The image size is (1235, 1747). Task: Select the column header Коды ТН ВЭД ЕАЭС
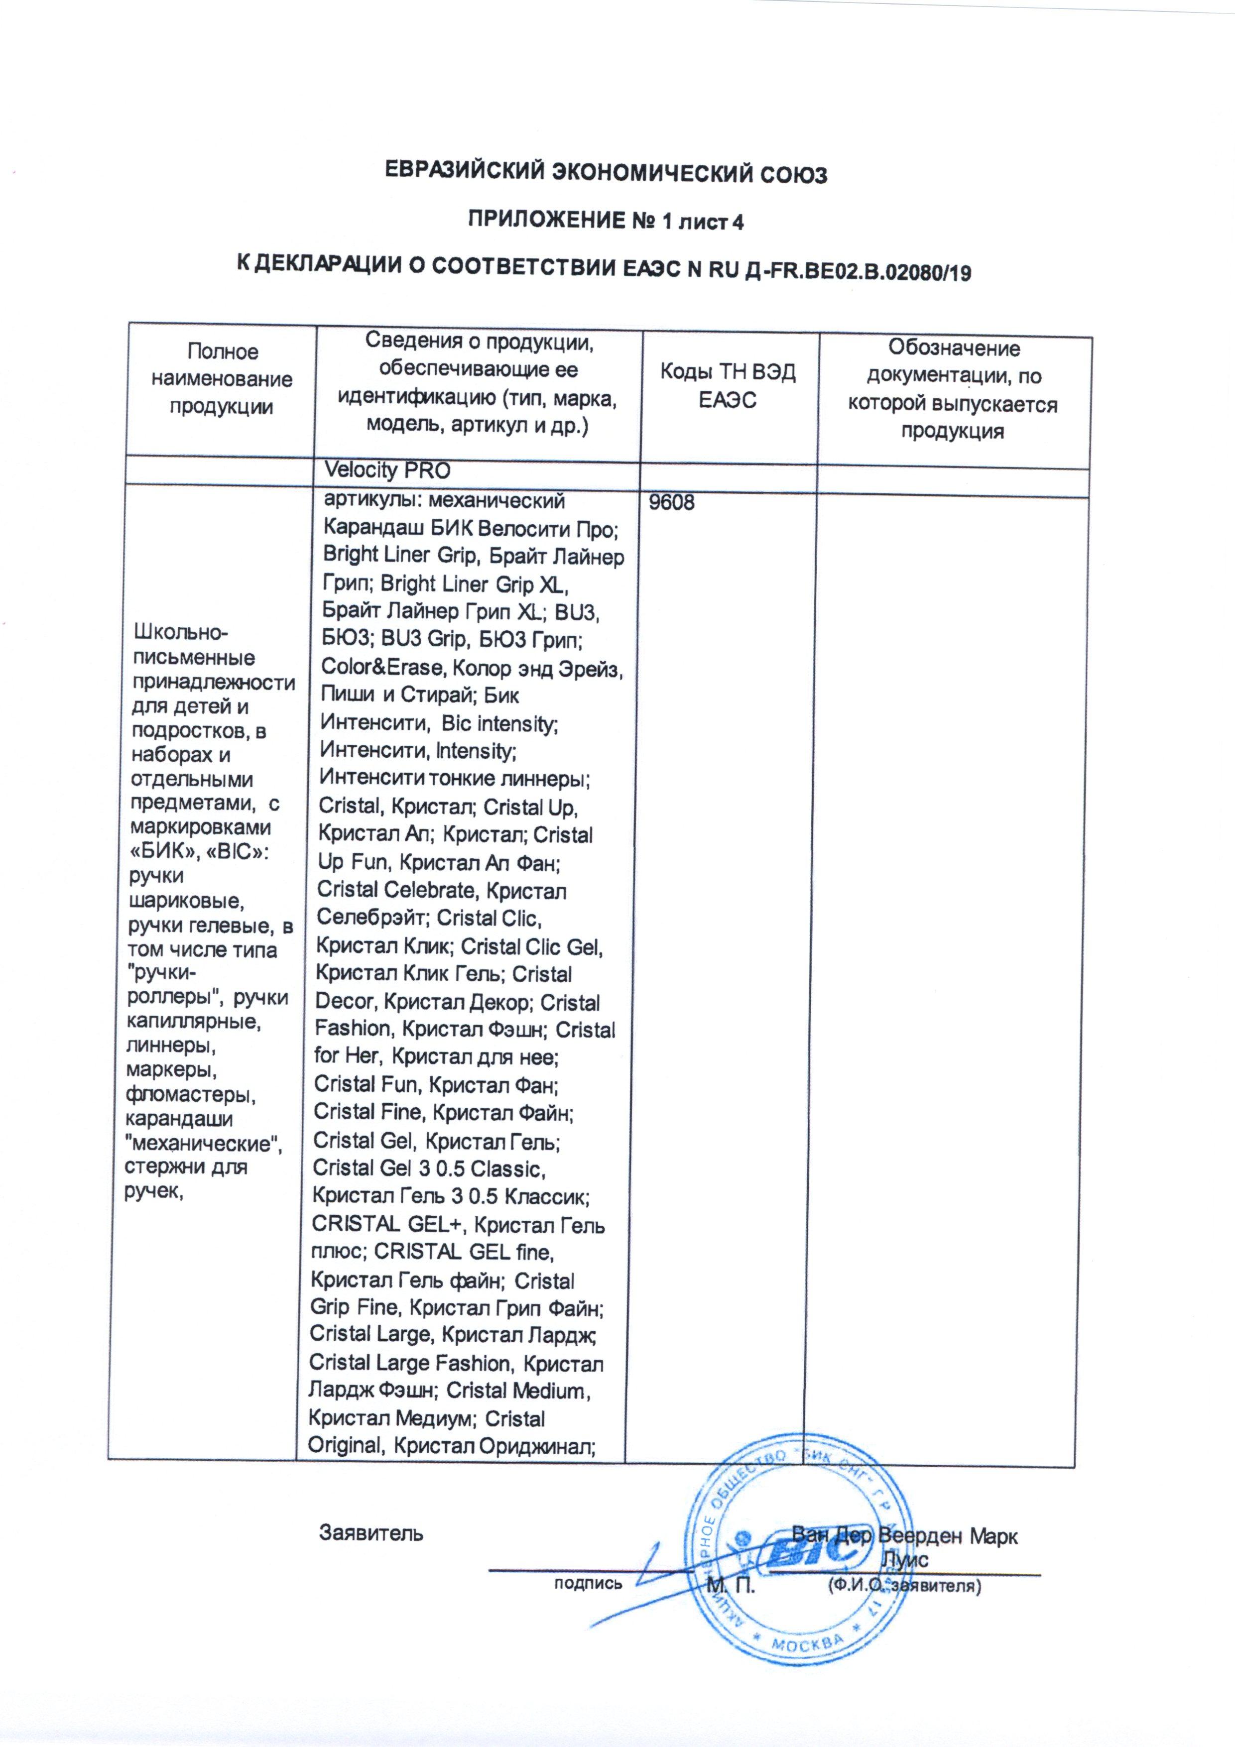[x=728, y=386]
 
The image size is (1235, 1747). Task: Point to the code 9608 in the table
[x=671, y=503]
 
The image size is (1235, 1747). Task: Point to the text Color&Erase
[x=383, y=667]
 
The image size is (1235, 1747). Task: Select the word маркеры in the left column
[x=172, y=1070]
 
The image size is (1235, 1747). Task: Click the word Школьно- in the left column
[x=181, y=632]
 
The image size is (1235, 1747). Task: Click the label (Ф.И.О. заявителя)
[x=903, y=1587]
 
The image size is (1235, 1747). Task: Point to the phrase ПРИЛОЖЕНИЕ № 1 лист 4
[x=605, y=222]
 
